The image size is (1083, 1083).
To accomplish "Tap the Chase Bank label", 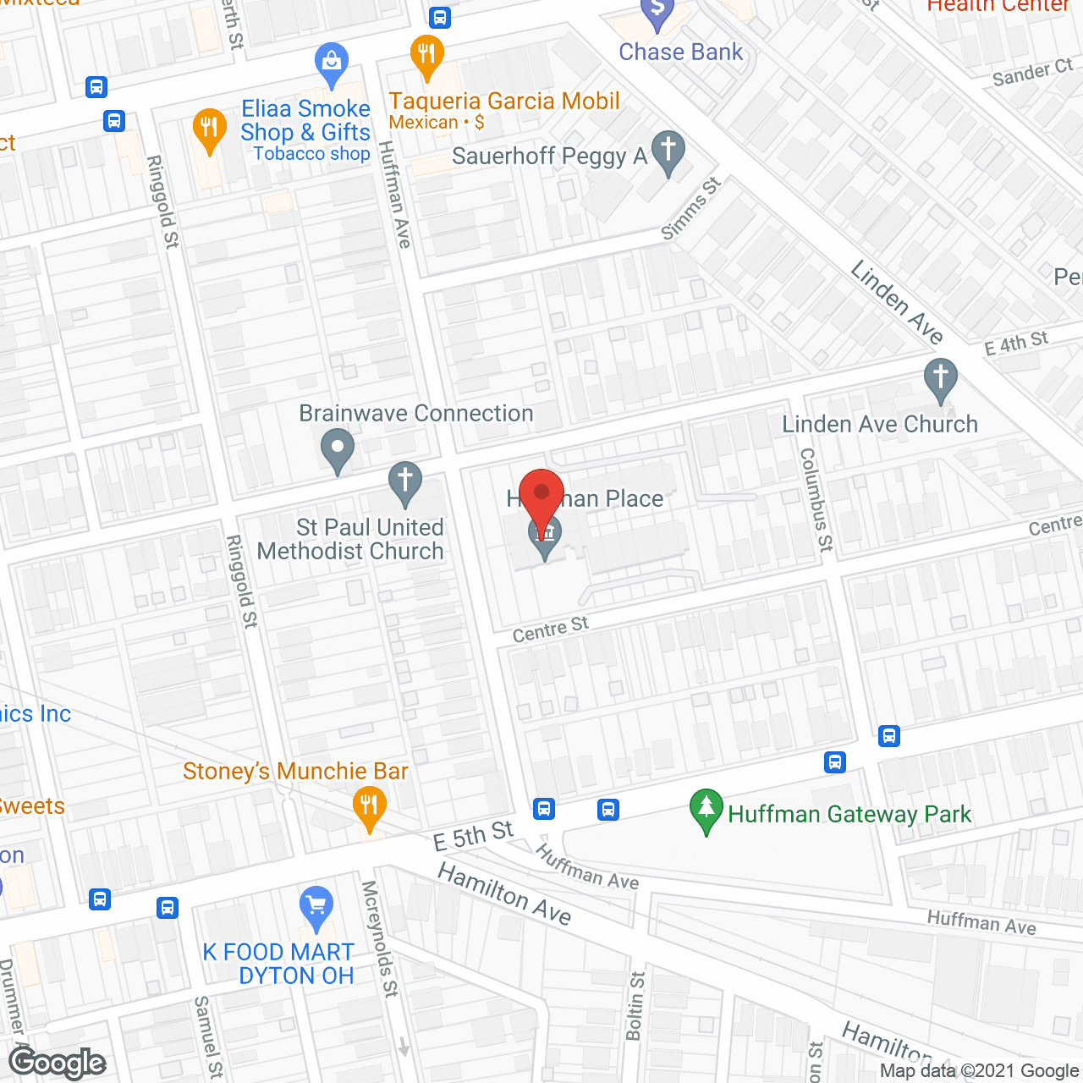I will point(680,52).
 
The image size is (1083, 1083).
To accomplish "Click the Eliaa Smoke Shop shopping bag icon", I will point(331,63).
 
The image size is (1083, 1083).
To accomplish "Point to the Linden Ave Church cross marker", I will point(940,379).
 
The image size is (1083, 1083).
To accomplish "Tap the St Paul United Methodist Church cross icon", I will point(405,483).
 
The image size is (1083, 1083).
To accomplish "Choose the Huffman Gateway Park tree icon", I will point(706,810).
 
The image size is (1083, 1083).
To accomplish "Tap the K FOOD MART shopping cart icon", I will point(316,907).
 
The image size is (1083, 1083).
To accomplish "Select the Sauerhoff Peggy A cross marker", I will point(668,152).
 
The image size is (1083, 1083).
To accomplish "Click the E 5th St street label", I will point(473,835).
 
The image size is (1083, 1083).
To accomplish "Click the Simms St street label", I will point(690,208).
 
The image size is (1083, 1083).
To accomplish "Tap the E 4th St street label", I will point(1015,344).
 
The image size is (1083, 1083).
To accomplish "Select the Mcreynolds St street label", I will point(379,938).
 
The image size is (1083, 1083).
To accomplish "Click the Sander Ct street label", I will point(1032,74).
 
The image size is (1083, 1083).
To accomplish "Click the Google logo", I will point(58,1063).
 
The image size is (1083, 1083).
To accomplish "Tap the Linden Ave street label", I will point(897,302).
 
